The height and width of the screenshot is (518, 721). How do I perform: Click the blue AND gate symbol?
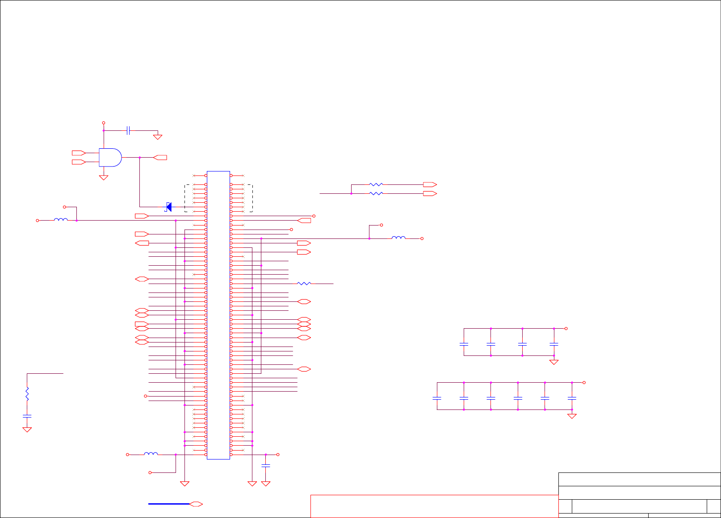pos(110,157)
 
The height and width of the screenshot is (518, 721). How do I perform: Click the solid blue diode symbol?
pos(169,207)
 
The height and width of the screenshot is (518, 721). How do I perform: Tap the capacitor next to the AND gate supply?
pos(128,130)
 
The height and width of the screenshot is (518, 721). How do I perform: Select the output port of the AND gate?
pos(160,157)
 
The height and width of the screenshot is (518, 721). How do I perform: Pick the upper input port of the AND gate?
pos(79,153)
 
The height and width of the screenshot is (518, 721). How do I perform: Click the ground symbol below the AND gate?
pos(104,178)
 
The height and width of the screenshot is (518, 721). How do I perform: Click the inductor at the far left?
pos(61,220)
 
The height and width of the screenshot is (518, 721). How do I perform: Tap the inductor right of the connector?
pos(398,238)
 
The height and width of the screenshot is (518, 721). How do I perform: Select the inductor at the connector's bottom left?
pos(151,454)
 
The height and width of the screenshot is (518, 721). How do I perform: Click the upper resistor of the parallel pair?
pos(376,184)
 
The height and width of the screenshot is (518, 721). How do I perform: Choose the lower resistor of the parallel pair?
pos(376,193)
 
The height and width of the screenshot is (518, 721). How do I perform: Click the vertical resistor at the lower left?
pos(27,394)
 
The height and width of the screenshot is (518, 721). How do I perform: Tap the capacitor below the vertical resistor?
pos(27,416)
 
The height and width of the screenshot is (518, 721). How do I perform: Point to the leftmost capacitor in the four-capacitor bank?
pos(464,344)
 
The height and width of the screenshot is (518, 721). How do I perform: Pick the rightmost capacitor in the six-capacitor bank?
pos(572,398)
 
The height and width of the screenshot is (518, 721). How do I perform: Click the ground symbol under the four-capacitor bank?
pos(554,362)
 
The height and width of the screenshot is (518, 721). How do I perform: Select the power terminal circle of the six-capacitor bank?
pos(584,382)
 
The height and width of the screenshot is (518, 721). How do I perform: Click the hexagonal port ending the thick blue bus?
pos(196,504)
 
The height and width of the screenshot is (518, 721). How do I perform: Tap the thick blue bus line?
pos(169,504)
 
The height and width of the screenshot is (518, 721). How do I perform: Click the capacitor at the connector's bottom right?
pos(266,466)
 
